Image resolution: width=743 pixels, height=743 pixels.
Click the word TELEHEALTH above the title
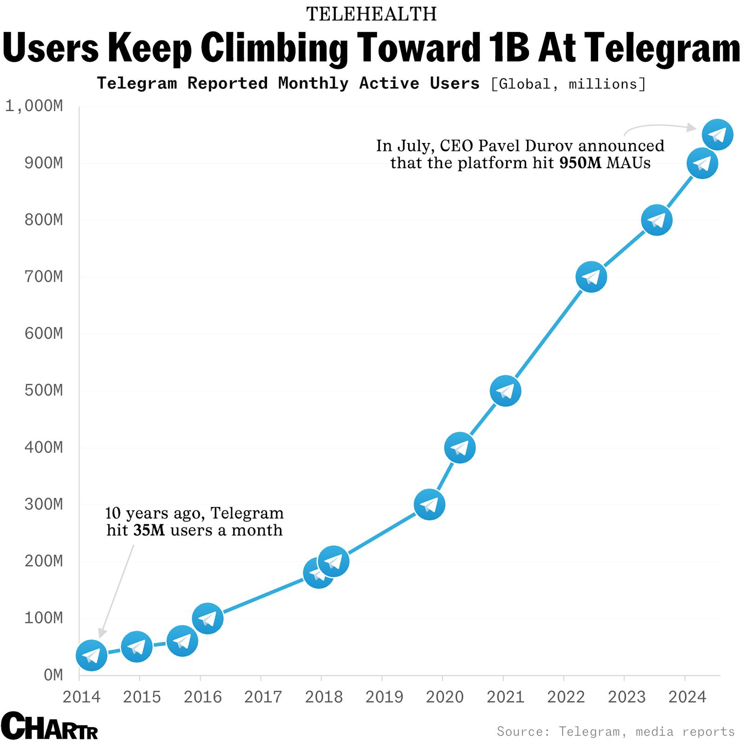tap(371, 14)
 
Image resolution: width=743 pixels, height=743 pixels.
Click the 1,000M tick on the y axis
tap(34, 106)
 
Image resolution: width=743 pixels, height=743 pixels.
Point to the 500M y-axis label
tap(44, 390)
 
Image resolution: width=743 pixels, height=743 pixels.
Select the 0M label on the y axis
tap(53, 675)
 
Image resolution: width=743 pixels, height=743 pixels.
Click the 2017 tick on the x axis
tap(263, 697)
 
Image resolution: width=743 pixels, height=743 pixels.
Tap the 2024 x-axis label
tap(687, 697)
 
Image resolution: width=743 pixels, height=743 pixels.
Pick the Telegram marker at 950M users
tap(717, 135)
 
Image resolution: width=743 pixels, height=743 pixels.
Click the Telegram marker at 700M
tap(591, 277)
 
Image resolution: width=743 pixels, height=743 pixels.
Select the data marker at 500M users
tap(505, 391)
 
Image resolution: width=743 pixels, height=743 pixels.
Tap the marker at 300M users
tap(429, 504)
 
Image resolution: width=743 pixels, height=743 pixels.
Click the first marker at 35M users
tap(91, 655)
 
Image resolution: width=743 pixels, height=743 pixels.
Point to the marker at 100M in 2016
tap(208, 619)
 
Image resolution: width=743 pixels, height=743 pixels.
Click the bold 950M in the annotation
tap(580, 163)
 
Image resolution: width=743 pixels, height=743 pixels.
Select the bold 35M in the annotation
tap(149, 530)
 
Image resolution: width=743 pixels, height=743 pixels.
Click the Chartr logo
tap(49, 725)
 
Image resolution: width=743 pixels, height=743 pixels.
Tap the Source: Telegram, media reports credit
tap(616, 731)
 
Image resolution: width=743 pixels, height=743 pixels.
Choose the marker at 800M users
tap(657, 220)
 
